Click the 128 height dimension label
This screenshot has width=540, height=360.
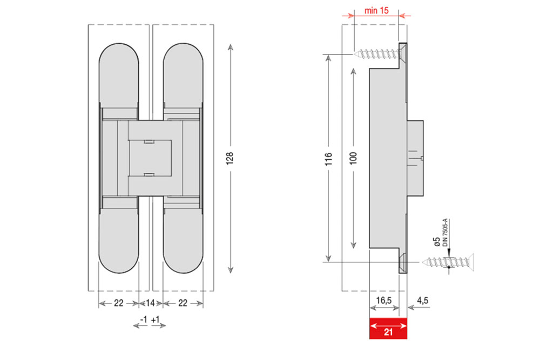tap(230, 158)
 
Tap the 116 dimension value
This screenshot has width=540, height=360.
tap(328, 159)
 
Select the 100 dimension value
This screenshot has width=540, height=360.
tap(353, 158)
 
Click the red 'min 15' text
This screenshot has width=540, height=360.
tap(376, 11)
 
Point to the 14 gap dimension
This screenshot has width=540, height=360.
tap(150, 303)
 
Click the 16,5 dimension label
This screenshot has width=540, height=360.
tap(383, 301)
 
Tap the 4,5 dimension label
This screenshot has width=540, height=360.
tap(422, 301)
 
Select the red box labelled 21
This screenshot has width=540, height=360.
tap(388, 328)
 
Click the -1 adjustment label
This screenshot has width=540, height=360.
tap(144, 320)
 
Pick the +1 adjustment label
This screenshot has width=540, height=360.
tap(156, 320)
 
